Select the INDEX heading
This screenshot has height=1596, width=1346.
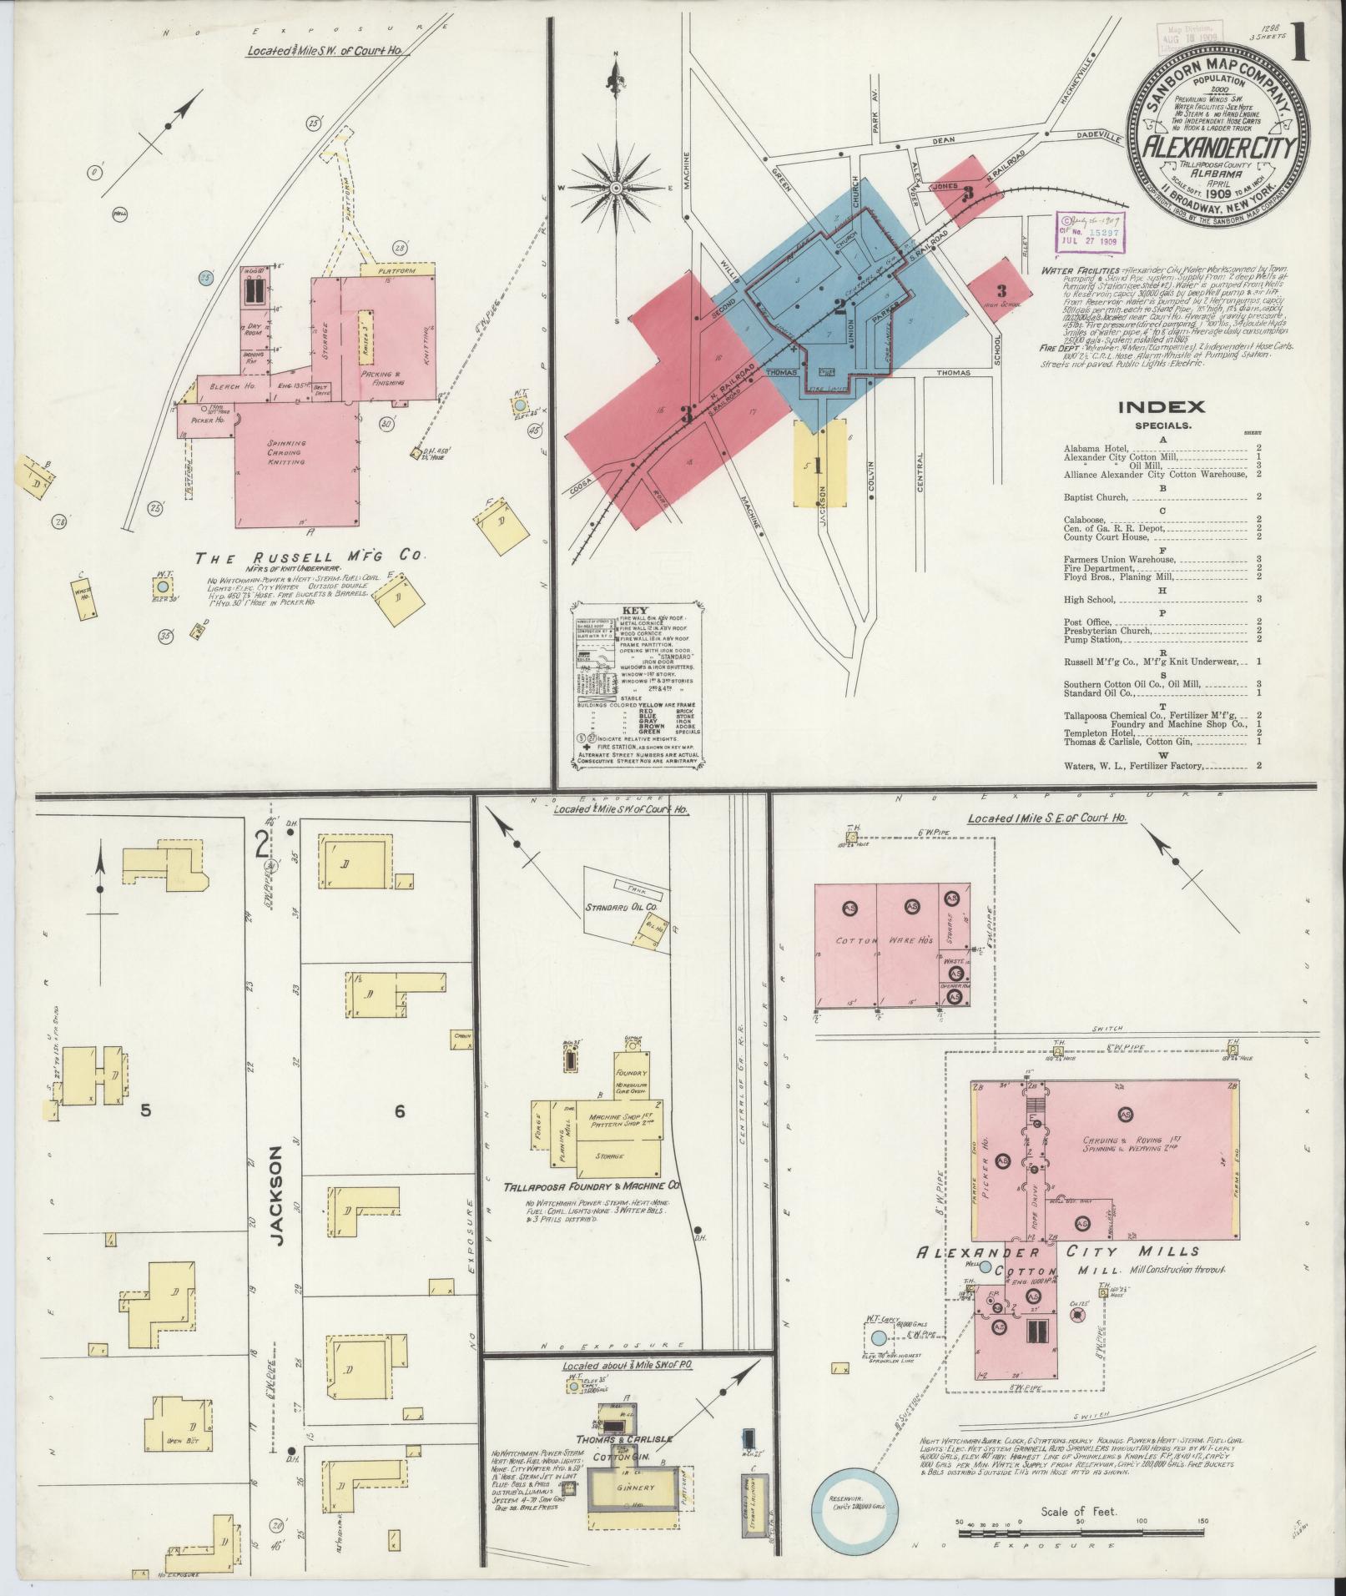point(1161,407)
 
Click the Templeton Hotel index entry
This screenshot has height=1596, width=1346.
point(1095,733)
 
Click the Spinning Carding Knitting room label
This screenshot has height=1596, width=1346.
point(286,452)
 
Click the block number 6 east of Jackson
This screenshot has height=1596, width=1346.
point(400,1111)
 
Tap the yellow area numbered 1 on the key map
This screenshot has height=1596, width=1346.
point(819,464)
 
